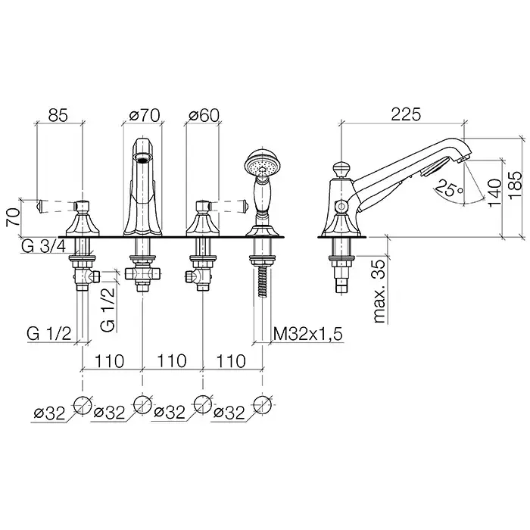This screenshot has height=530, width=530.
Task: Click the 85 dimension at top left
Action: [x=58, y=115]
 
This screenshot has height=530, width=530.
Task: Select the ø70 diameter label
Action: [x=145, y=115]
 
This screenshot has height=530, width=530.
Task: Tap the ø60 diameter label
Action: [x=204, y=115]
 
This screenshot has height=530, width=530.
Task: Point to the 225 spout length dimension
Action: [x=406, y=114]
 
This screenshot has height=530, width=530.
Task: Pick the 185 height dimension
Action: [x=517, y=185]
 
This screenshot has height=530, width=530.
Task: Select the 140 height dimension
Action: [x=494, y=193]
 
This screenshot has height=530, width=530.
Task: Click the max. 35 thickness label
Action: [x=379, y=291]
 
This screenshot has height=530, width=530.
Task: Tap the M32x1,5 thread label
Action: [x=307, y=335]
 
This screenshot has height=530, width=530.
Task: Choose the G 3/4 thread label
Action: [x=43, y=247]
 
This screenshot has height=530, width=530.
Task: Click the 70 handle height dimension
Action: [x=13, y=218]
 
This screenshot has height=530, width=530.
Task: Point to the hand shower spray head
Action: [x=258, y=164]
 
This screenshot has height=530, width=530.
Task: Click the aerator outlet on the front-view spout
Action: [x=143, y=156]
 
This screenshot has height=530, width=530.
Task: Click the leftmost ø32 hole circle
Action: [x=83, y=404]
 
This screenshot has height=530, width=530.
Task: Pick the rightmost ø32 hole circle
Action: [x=262, y=404]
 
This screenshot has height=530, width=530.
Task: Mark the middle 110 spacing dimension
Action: [x=172, y=361]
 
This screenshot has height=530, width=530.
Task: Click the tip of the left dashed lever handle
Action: [x=38, y=206]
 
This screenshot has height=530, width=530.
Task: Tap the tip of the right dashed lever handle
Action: [x=246, y=206]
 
